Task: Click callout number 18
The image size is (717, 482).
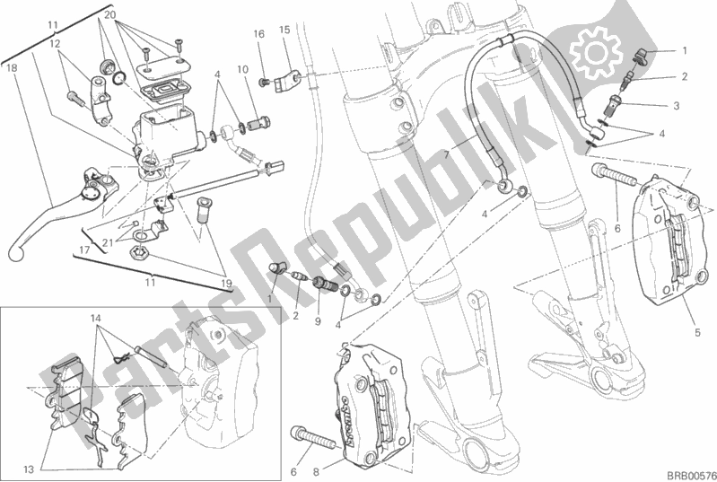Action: point(10,67)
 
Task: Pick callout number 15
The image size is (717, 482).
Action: point(284,30)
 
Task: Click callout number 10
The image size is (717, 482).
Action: point(242,69)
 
